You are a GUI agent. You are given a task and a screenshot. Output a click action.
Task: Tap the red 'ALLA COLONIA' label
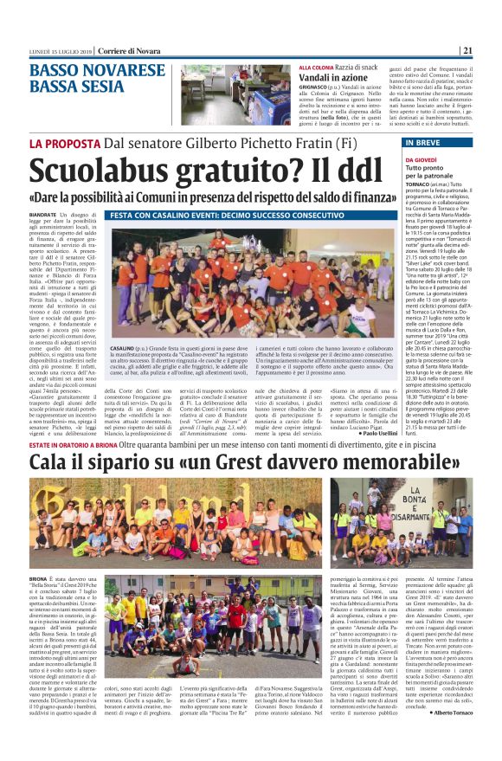click(317, 67)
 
